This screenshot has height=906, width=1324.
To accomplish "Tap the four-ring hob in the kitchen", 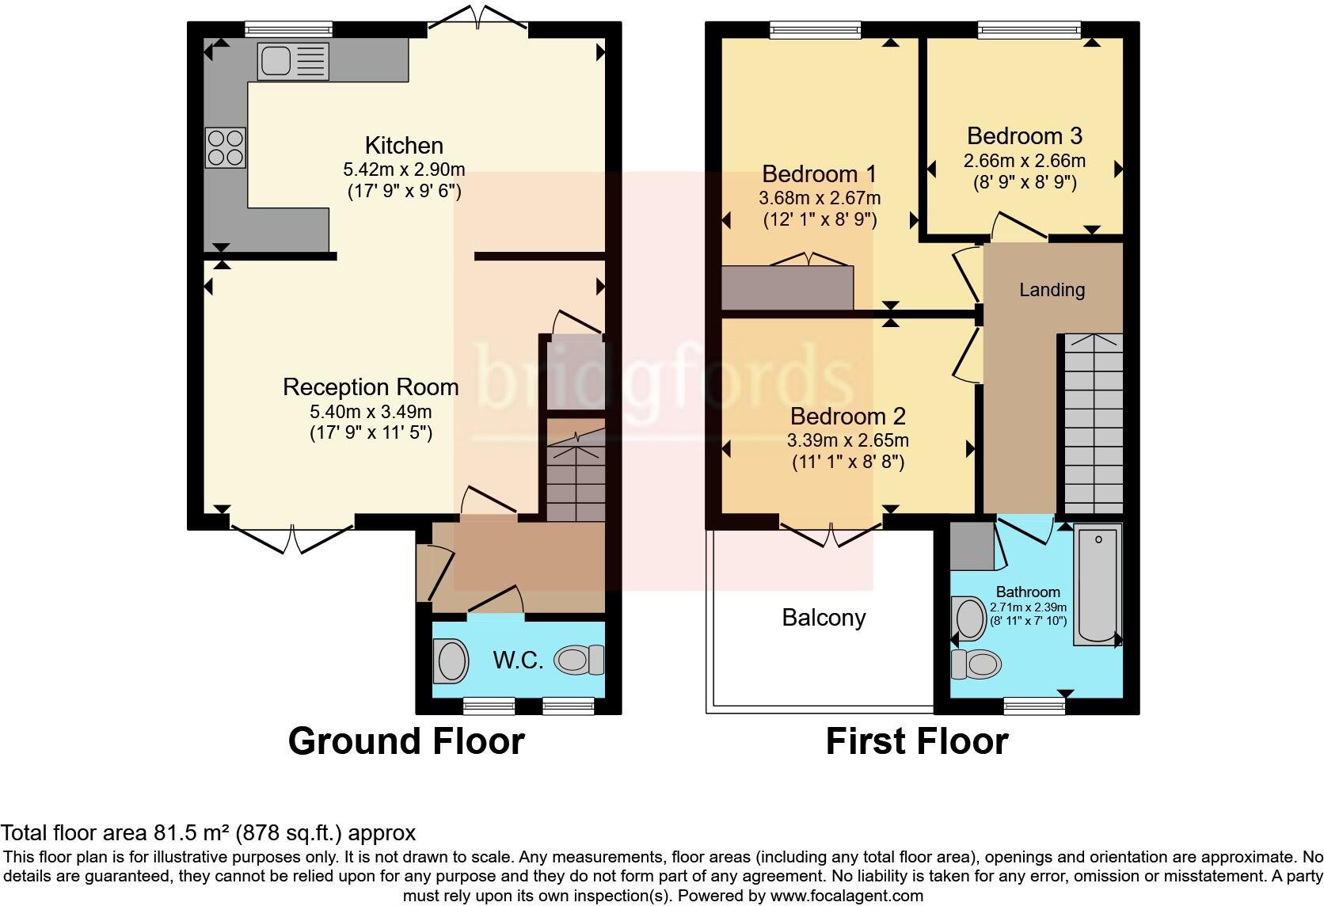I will coord(226,148).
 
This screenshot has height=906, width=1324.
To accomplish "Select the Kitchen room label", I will coord(404,146).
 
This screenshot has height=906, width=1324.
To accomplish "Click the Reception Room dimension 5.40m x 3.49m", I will coord(371,412).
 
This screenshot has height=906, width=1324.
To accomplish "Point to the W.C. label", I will coord(518,660).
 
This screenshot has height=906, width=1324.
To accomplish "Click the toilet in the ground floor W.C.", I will coord(579,660).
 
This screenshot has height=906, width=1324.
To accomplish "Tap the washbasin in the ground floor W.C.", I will coord(451,661).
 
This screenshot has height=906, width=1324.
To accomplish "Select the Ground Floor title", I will coord(406,741).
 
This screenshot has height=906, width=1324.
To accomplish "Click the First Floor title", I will coord(917,742).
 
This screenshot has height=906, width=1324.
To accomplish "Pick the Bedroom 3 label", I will coord(1024,136).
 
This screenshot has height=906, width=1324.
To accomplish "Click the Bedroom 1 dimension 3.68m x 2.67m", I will coord(820,198).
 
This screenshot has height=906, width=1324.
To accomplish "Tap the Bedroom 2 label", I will coord(847,417).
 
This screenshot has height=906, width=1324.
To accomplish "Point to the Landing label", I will coord(1052,290).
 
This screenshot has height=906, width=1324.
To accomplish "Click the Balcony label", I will coord(824,618).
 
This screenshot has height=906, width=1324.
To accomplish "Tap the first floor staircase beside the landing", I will coord(1093,428).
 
